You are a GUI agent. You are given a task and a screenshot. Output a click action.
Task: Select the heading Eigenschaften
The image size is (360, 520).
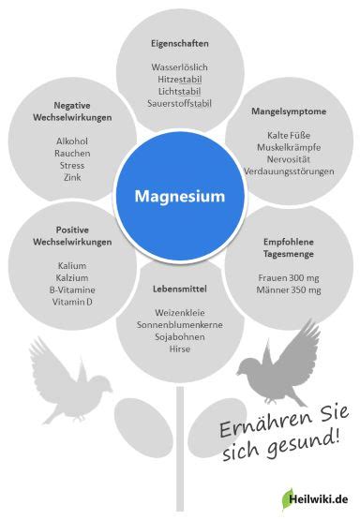(x=180, y=43)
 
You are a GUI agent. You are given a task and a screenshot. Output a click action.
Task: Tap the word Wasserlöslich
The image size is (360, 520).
(x=180, y=67)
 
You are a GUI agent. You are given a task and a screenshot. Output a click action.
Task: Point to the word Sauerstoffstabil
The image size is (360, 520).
(x=180, y=103)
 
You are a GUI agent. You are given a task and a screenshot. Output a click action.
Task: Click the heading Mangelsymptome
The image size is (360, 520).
(x=288, y=111)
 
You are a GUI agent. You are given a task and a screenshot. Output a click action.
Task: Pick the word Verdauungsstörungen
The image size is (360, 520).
(x=288, y=171)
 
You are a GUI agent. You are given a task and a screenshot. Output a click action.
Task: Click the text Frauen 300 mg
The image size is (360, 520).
(x=288, y=277)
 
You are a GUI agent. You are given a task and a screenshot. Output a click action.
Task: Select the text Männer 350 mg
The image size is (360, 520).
(x=288, y=290)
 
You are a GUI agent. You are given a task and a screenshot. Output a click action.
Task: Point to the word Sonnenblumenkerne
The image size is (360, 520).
(x=180, y=324)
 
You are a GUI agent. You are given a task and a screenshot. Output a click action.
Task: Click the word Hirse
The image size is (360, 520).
(x=180, y=349)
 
